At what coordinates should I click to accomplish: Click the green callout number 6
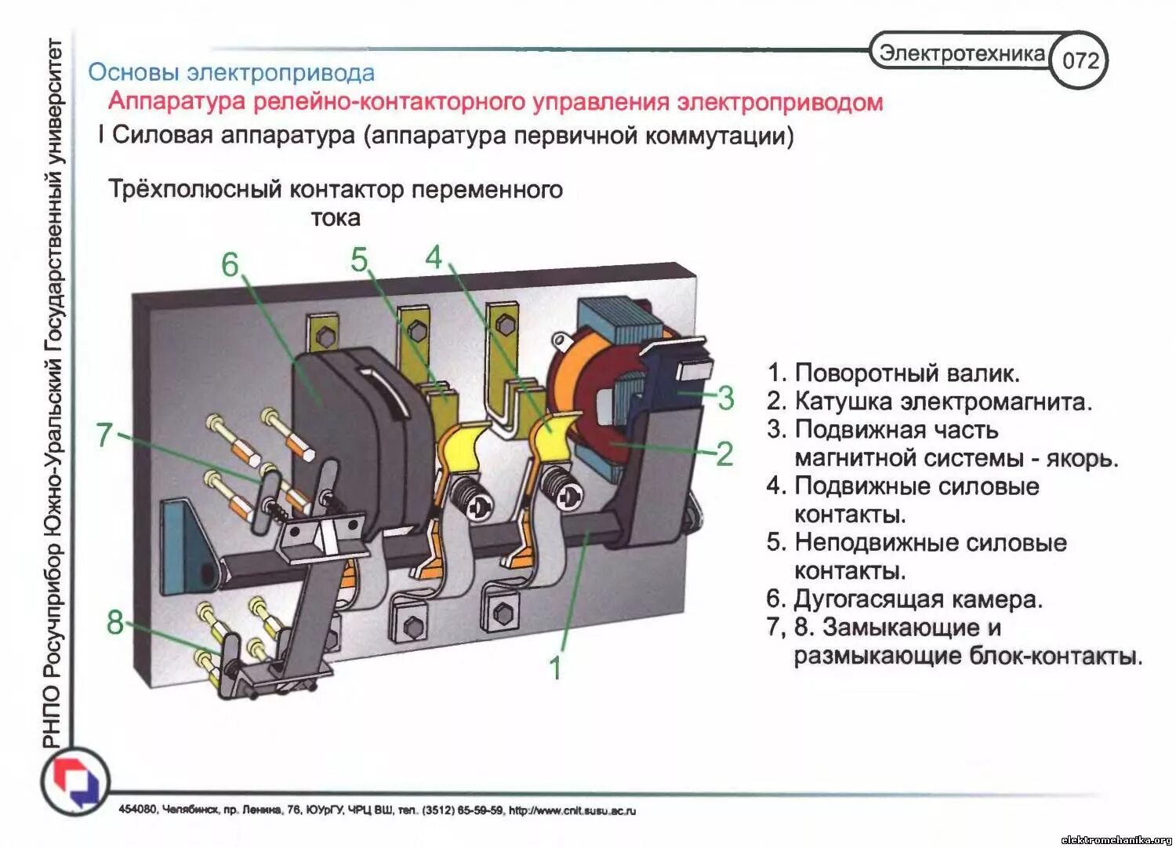pos(230,265)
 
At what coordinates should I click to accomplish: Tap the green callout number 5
pos(359,260)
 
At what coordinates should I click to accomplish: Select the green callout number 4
pos(434,257)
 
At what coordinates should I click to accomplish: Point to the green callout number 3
pos(725,398)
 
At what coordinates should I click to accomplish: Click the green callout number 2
pos(724,454)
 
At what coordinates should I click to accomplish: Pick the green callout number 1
pos(555,668)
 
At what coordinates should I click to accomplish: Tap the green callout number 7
pos(104,435)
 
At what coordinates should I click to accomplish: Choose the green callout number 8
pos(115,623)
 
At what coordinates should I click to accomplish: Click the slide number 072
pos(1080,60)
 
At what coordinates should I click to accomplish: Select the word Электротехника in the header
pos(962,53)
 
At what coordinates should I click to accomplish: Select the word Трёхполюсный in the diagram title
pos(194,190)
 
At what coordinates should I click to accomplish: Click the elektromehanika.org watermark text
pos(1116,839)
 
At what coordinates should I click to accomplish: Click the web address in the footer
pos(572,810)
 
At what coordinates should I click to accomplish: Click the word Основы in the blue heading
pos(132,72)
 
